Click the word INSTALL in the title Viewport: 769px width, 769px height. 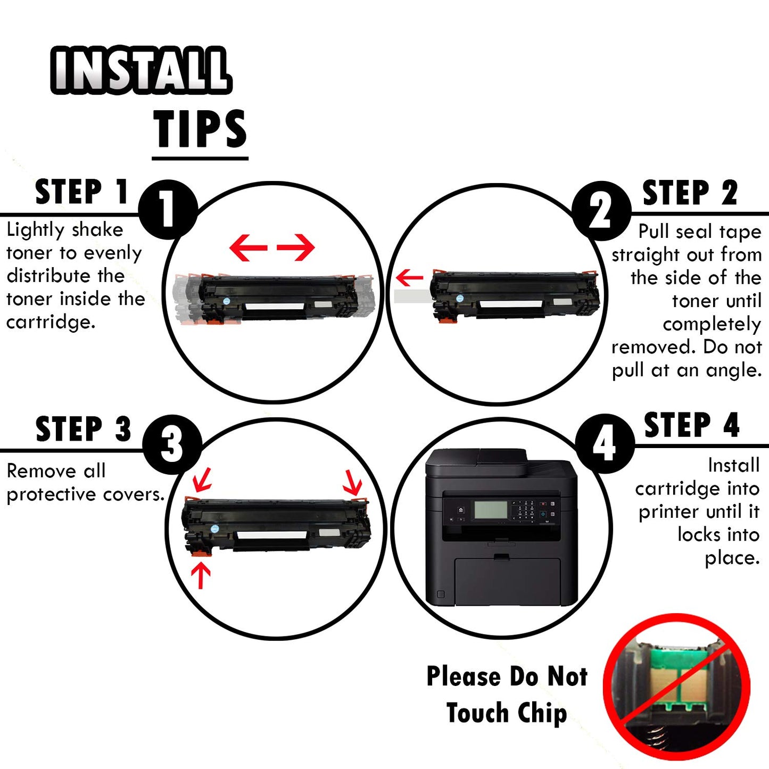[x=141, y=70]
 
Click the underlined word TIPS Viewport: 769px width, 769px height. [x=200, y=129]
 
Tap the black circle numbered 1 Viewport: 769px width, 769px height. [x=168, y=209]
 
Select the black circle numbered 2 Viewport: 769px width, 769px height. [x=601, y=211]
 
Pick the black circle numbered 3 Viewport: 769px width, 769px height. [x=172, y=444]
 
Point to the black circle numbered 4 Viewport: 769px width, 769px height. [x=605, y=443]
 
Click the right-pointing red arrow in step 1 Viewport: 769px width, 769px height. [x=296, y=247]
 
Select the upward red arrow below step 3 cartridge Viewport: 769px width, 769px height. [x=201, y=575]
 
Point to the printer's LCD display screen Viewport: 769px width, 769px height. [x=490, y=510]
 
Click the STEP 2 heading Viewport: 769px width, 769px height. [x=690, y=193]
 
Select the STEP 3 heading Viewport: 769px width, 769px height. [x=83, y=429]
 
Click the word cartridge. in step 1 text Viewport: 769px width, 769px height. [x=51, y=322]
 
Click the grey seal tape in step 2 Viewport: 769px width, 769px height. [x=412, y=296]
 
